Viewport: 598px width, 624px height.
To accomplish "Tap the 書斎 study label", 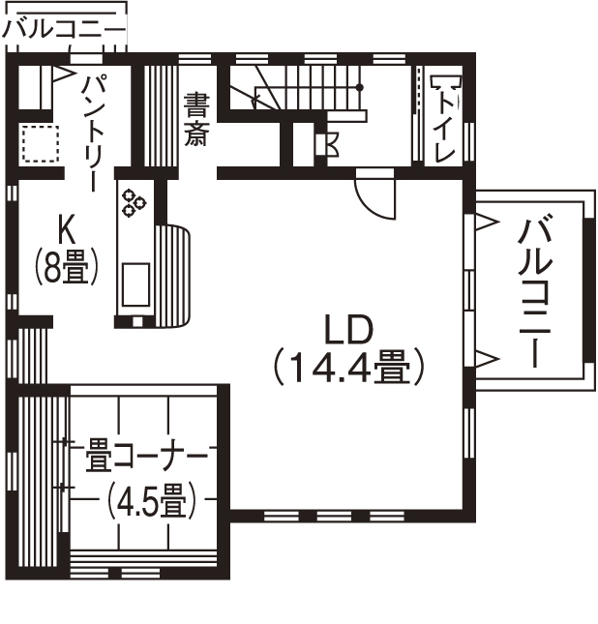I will tap(196, 118).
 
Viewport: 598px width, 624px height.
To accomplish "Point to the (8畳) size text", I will tap(67, 266).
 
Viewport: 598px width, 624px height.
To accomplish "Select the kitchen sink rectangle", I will tap(134, 282).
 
